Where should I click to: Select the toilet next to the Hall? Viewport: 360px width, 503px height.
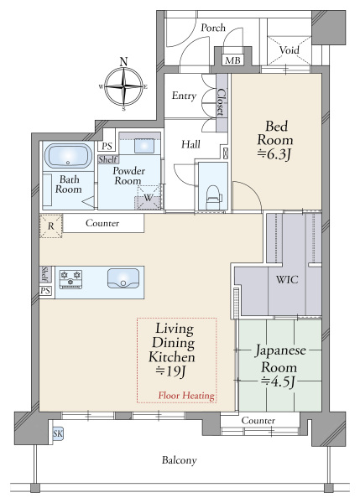click(x=211, y=192)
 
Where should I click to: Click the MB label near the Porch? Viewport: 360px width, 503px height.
click(x=232, y=61)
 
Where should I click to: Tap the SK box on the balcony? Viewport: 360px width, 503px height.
click(x=58, y=433)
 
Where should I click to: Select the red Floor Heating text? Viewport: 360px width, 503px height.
click(x=185, y=395)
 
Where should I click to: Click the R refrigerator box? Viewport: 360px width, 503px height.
click(x=51, y=225)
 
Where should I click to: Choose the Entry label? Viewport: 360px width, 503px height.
click(x=184, y=96)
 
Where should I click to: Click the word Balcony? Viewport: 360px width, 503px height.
click(x=180, y=460)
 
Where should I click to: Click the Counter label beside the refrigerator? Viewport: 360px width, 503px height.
click(x=102, y=224)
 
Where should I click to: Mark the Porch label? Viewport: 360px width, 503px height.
click(x=213, y=28)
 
